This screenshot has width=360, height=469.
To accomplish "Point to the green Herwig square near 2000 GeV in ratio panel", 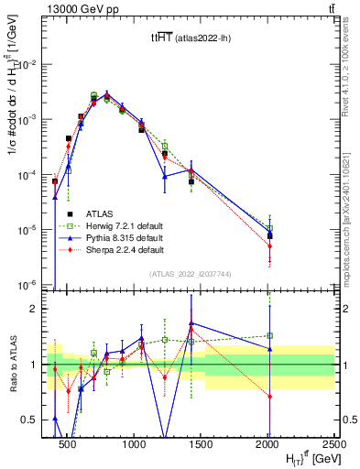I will point(269,335).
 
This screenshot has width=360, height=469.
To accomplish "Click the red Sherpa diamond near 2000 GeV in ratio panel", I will point(269,396).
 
